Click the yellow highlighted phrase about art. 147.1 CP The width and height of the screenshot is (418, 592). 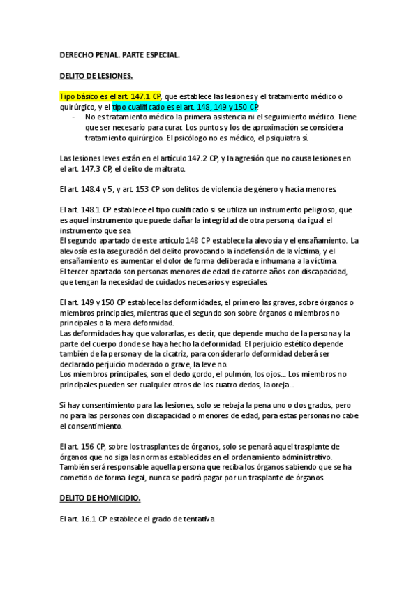(111, 96)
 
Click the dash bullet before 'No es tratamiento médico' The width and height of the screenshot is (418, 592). (75, 117)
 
